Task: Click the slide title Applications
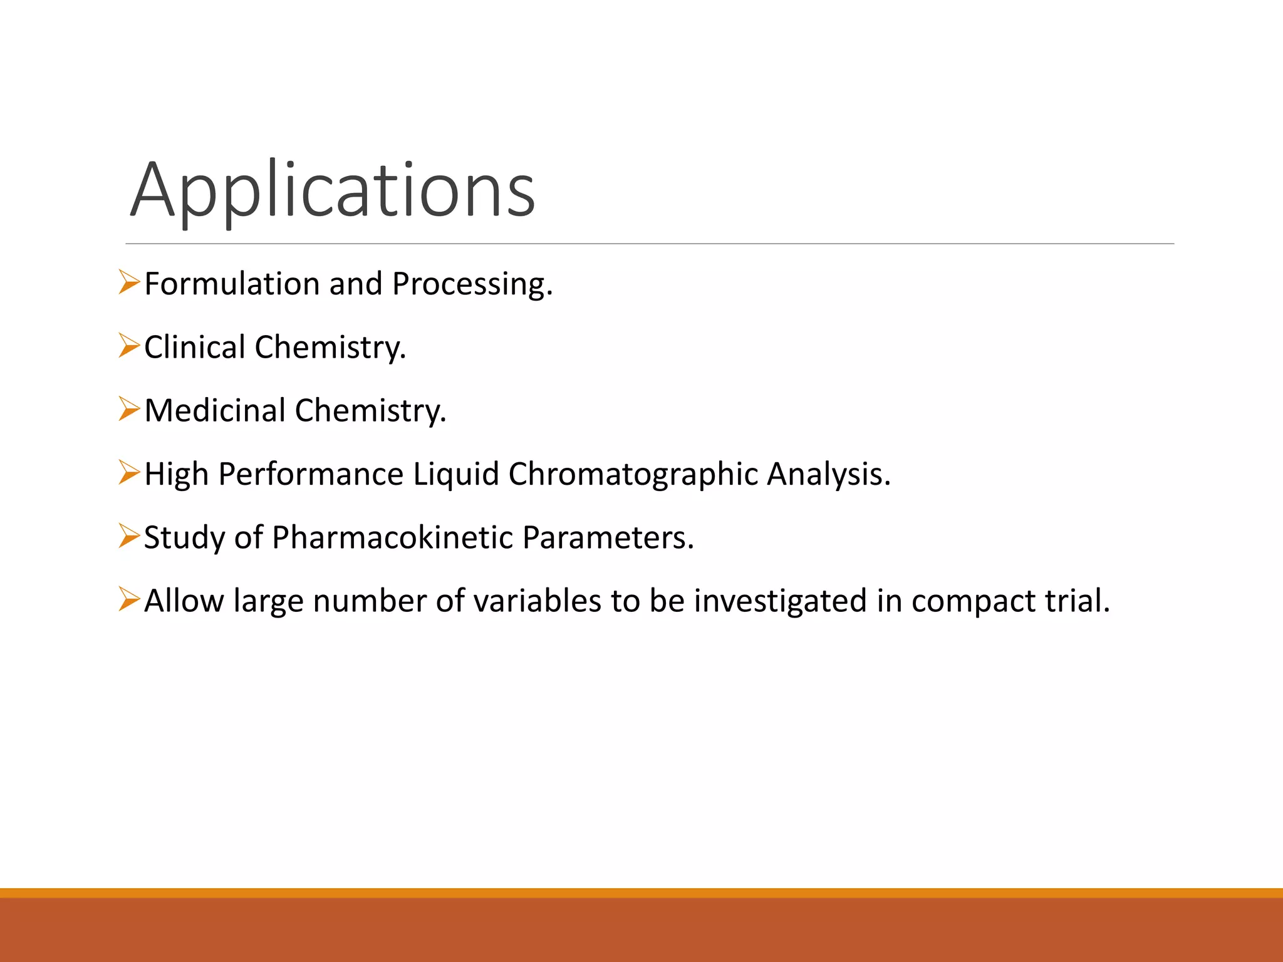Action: (x=333, y=190)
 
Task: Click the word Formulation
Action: (x=232, y=284)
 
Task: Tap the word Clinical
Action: (x=195, y=347)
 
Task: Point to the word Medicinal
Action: (x=215, y=410)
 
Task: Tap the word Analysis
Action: (x=828, y=474)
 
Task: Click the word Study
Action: (x=184, y=538)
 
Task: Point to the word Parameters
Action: (x=608, y=537)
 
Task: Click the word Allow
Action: (x=184, y=601)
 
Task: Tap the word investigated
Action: (x=780, y=601)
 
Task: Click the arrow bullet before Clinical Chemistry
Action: (x=128, y=346)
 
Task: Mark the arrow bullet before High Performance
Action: (x=128, y=472)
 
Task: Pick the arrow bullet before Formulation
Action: (x=128, y=282)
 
